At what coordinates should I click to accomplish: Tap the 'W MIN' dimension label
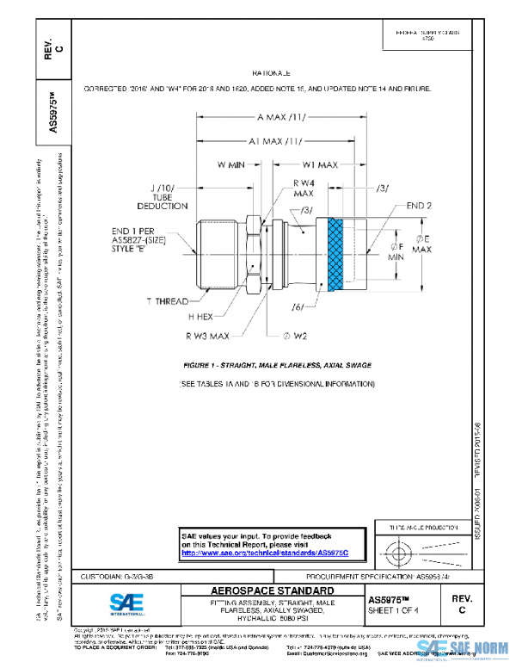point(231,164)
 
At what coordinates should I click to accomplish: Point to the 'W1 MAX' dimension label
point(319,164)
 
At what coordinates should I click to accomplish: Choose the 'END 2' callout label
point(419,207)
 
